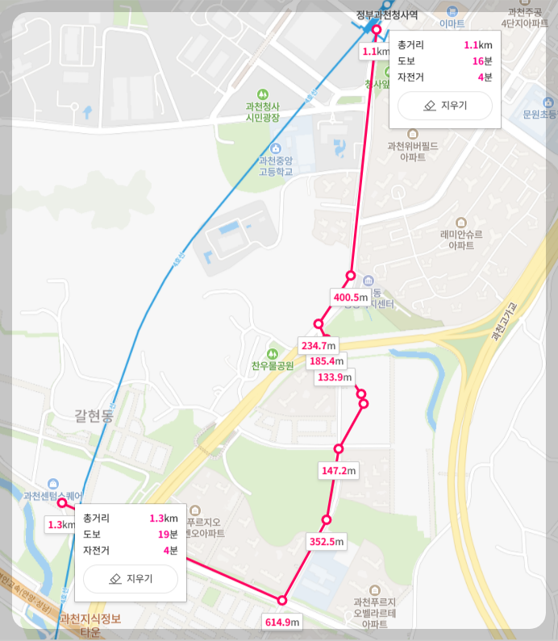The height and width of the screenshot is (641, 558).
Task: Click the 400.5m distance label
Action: click(350, 298)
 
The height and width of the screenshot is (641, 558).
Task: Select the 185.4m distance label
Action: click(327, 360)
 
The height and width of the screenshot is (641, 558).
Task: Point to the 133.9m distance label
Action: click(335, 377)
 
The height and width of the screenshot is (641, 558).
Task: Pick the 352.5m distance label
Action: click(327, 542)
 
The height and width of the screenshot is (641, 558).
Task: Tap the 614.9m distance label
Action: click(282, 621)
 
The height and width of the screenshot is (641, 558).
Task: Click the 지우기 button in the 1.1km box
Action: click(444, 106)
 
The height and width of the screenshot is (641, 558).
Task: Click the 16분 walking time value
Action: click(482, 61)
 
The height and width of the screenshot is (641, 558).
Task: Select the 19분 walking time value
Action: click(168, 534)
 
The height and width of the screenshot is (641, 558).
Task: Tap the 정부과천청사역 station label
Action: click(386, 15)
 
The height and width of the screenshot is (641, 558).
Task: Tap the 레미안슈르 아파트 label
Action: click(461, 239)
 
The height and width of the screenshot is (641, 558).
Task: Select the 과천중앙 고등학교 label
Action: click(276, 165)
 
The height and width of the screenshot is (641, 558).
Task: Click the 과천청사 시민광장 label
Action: click(262, 112)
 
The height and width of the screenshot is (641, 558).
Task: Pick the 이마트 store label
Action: click(452, 24)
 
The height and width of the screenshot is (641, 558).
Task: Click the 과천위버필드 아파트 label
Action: click(413, 151)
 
